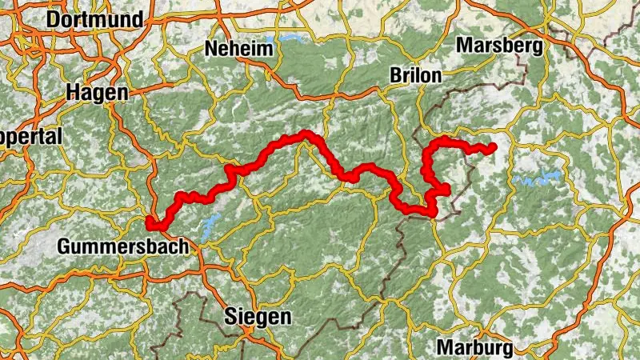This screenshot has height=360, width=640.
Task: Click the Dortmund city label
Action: click(95, 19)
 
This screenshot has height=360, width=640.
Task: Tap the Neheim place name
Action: click(239, 49)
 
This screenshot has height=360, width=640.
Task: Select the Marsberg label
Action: click(499, 46)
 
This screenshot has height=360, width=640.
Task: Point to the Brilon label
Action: click(415, 75)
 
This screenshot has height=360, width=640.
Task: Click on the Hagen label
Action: click(97, 93)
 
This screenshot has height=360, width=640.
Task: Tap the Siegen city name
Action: click(258, 316)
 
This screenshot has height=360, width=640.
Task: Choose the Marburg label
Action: click(475, 348)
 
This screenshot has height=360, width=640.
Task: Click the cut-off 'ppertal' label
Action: click(30, 137)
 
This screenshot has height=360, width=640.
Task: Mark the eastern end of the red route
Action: click(492, 147)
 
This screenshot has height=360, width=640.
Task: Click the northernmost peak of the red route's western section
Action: click(306, 134)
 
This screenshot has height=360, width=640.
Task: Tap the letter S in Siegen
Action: click(231, 316)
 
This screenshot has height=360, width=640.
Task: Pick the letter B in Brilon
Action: click(395, 75)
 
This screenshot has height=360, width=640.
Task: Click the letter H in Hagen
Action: click(74, 93)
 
